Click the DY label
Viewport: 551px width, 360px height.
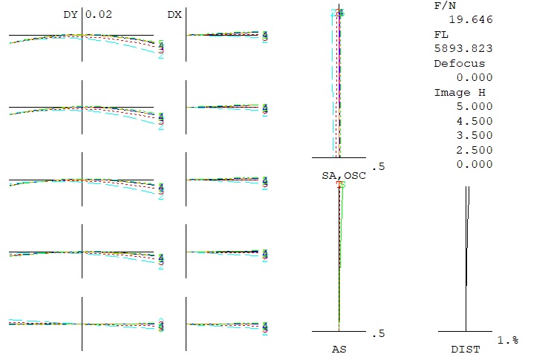click(71, 14)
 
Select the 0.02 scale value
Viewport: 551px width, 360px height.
click(98, 14)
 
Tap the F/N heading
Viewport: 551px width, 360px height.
click(445, 5)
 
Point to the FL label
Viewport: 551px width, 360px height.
click(441, 34)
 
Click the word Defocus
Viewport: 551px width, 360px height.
click(459, 63)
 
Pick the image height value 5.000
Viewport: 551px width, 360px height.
click(475, 107)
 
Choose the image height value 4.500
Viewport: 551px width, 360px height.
click(475, 121)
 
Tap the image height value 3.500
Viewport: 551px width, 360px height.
click(475, 135)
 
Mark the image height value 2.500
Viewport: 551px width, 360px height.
click(475, 150)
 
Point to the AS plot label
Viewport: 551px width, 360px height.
click(339, 349)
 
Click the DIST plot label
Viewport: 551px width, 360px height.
click(466, 349)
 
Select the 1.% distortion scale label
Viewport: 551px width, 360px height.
click(507, 340)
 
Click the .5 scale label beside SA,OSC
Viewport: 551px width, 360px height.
click(381, 166)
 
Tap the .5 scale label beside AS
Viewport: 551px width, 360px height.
click(381, 333)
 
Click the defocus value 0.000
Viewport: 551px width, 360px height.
click(475, 78)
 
